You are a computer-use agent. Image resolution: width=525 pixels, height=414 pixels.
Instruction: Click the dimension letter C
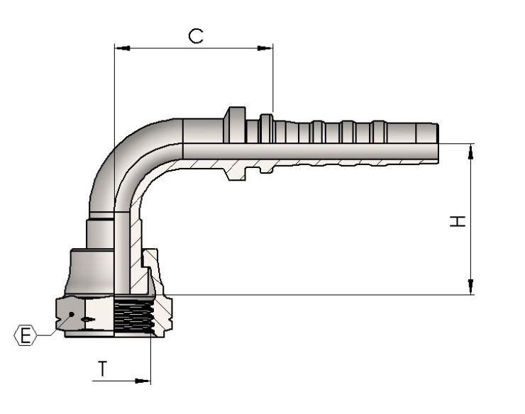click(x=196, y=36)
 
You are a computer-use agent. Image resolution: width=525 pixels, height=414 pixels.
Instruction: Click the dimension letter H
click(x=458, y=221)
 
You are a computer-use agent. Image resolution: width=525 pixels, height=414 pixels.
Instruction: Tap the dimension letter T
click(x=102, y=369)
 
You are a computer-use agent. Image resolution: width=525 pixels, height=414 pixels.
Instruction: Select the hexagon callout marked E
click(x=25, y=335)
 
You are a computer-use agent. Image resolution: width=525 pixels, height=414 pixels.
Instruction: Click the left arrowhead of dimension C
click(x=123, y=48)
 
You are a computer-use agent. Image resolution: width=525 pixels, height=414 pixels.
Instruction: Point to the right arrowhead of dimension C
click(x=265, y=48)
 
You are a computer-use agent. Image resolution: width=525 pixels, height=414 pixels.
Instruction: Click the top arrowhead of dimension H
click(x=471, y=151)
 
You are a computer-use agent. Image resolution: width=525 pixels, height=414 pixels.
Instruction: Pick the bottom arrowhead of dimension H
click(x=471, y=287)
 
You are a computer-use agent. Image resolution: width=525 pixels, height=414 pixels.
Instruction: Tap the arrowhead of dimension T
click(x=143, y=381)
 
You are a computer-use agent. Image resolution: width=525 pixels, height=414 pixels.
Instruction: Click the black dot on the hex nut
click(x=72, y=314)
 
